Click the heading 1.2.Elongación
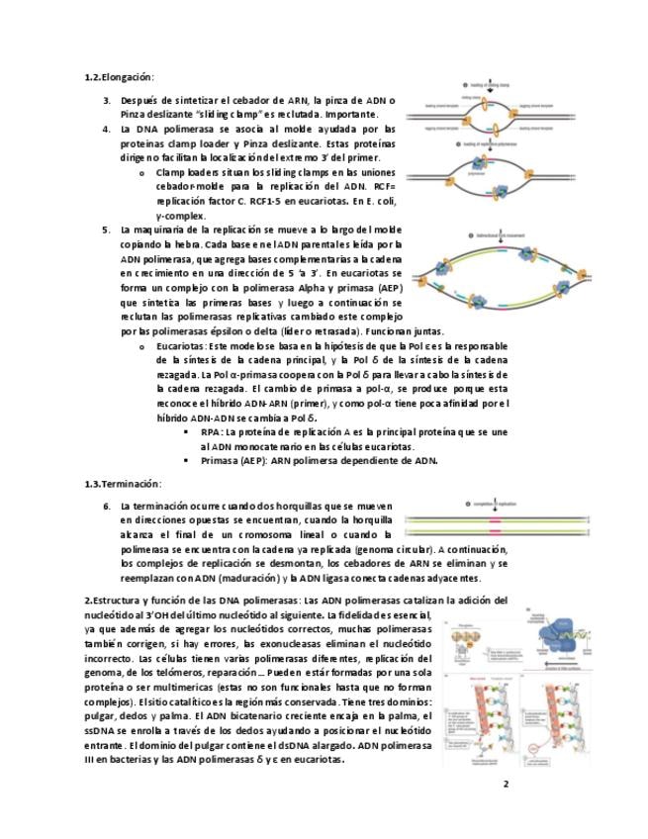tap(120, 76)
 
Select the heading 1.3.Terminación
tap(123, 484)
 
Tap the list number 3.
tap(107, 100)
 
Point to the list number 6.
tap(107, 506)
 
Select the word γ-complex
tap(181, 215)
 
